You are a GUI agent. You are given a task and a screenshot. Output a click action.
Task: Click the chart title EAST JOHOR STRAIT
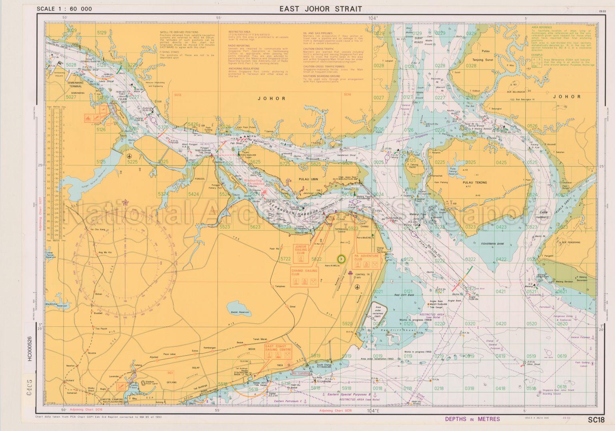tap(320, 9)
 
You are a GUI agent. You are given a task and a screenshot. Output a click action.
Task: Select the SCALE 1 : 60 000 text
tap(64, 9)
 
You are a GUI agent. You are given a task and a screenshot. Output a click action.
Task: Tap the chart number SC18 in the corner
tap(596, 420)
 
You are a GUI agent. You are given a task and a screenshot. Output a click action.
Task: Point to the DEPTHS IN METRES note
tap(472, 419)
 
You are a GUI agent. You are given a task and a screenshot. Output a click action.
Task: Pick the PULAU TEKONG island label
tap(475, 182)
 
